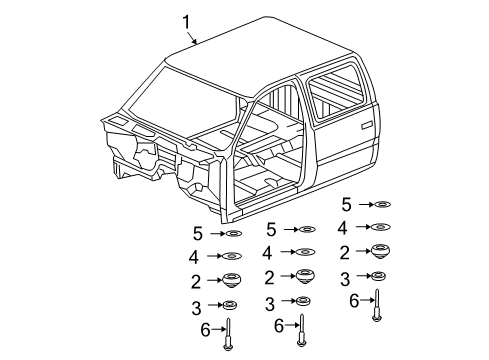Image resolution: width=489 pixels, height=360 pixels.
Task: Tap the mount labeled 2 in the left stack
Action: point(231,280)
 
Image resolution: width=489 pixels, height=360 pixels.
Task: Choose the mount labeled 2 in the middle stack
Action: point(304,276)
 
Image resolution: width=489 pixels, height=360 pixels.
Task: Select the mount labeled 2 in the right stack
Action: point(379,251)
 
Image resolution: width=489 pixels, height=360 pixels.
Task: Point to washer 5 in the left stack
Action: point(232,235)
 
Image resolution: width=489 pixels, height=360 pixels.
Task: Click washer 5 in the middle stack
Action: point(305,230)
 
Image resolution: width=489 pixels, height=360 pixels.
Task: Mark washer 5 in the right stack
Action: point(380,204)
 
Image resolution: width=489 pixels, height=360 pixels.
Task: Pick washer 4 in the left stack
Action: point(232,257)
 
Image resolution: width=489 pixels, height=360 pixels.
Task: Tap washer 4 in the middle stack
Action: point(304,253)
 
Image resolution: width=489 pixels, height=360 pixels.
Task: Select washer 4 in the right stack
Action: point(380,227)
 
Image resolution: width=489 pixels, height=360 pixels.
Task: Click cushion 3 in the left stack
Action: point(230,305)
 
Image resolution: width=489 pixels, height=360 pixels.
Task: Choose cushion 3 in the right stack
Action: point(378,276)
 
